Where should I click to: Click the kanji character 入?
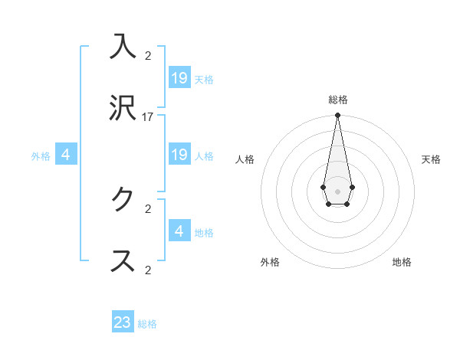[x=123, y=47]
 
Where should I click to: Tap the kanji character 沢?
[x=123, y=108]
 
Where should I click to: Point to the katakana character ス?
[x=123, y=260]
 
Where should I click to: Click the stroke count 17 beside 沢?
[x=148, y=117]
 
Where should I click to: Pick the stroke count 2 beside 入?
[x=148, y=56]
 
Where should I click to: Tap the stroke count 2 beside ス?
[x=148, y=270]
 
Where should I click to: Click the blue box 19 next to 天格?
[x=179, y=77]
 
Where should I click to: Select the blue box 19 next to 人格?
[x=179, y=155]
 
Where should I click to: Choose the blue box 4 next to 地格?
[x=179, y=231]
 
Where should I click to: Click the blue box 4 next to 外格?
[x=66, y=155]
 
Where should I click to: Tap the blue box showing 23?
[x=123, y=322]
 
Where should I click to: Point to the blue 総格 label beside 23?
[x=147, y=324]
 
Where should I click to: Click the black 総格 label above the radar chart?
[x=338, y=100]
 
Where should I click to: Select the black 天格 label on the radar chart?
[x=431, y=159]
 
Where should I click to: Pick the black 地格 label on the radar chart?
[x=402, y=262]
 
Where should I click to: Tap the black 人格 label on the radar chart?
[x=245, y=159]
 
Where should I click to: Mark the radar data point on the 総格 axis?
[x=337, y=115]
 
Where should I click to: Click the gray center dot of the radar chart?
[x=337, y=190]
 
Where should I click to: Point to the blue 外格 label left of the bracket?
[x=41, y=156]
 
